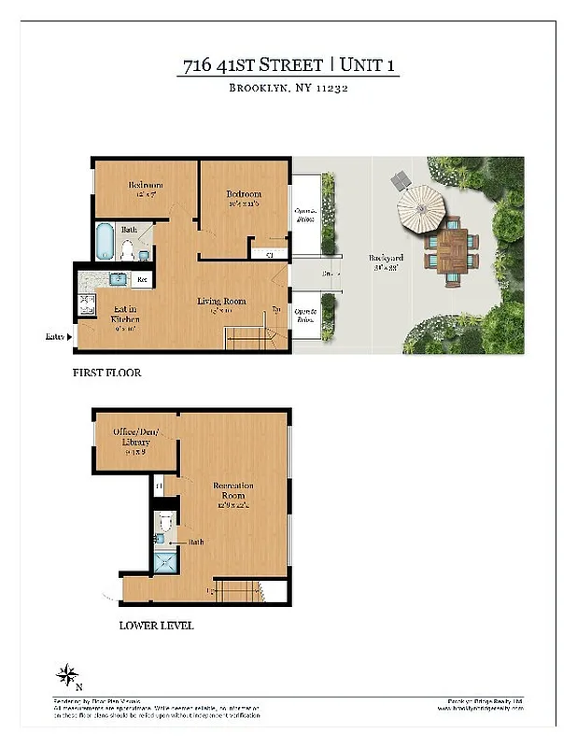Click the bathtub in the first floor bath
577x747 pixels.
coord(104,241)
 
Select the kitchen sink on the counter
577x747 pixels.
coord(120,278)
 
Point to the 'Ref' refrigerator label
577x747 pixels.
coord(144,279)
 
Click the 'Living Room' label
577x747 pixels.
coord(221,301)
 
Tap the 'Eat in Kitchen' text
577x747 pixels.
coord(125,315)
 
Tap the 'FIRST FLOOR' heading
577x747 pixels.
coord(107,373)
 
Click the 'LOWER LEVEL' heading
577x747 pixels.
coord(156,625)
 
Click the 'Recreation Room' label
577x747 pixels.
coord(233,492)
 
